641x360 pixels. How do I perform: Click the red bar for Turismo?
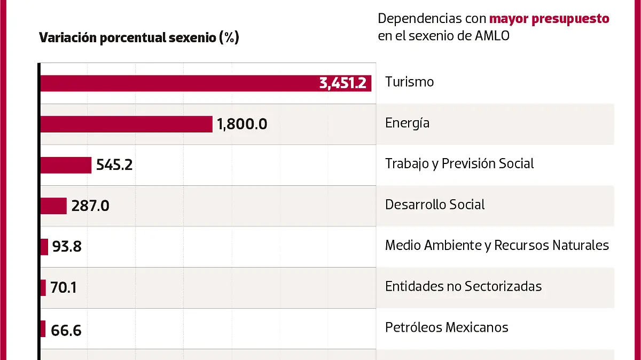(176, 83)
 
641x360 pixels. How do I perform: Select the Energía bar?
(126, 124)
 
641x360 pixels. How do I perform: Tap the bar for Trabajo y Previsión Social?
(66, 165)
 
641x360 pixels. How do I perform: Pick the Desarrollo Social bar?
(53, 206)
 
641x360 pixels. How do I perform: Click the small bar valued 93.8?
(44, 247)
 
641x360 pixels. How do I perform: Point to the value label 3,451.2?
(342, 83)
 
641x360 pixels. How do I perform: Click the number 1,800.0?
(242, 124)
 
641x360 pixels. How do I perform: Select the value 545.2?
(114, 165)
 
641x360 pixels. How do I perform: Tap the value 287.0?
(89, 206)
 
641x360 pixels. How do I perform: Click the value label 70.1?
(64, 288)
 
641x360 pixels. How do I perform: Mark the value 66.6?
(66, 330)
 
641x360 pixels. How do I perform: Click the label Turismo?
(409, 82)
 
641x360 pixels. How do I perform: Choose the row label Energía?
(407, 123)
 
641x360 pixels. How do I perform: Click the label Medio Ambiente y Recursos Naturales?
(497, 245)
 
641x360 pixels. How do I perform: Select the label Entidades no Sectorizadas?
(463, 286)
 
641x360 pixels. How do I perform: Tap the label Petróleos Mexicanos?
(447, 327)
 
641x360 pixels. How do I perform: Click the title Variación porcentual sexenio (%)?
(139, 38)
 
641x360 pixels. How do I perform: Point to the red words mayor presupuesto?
(549, 19)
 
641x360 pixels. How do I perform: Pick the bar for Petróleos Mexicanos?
(43, 329)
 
